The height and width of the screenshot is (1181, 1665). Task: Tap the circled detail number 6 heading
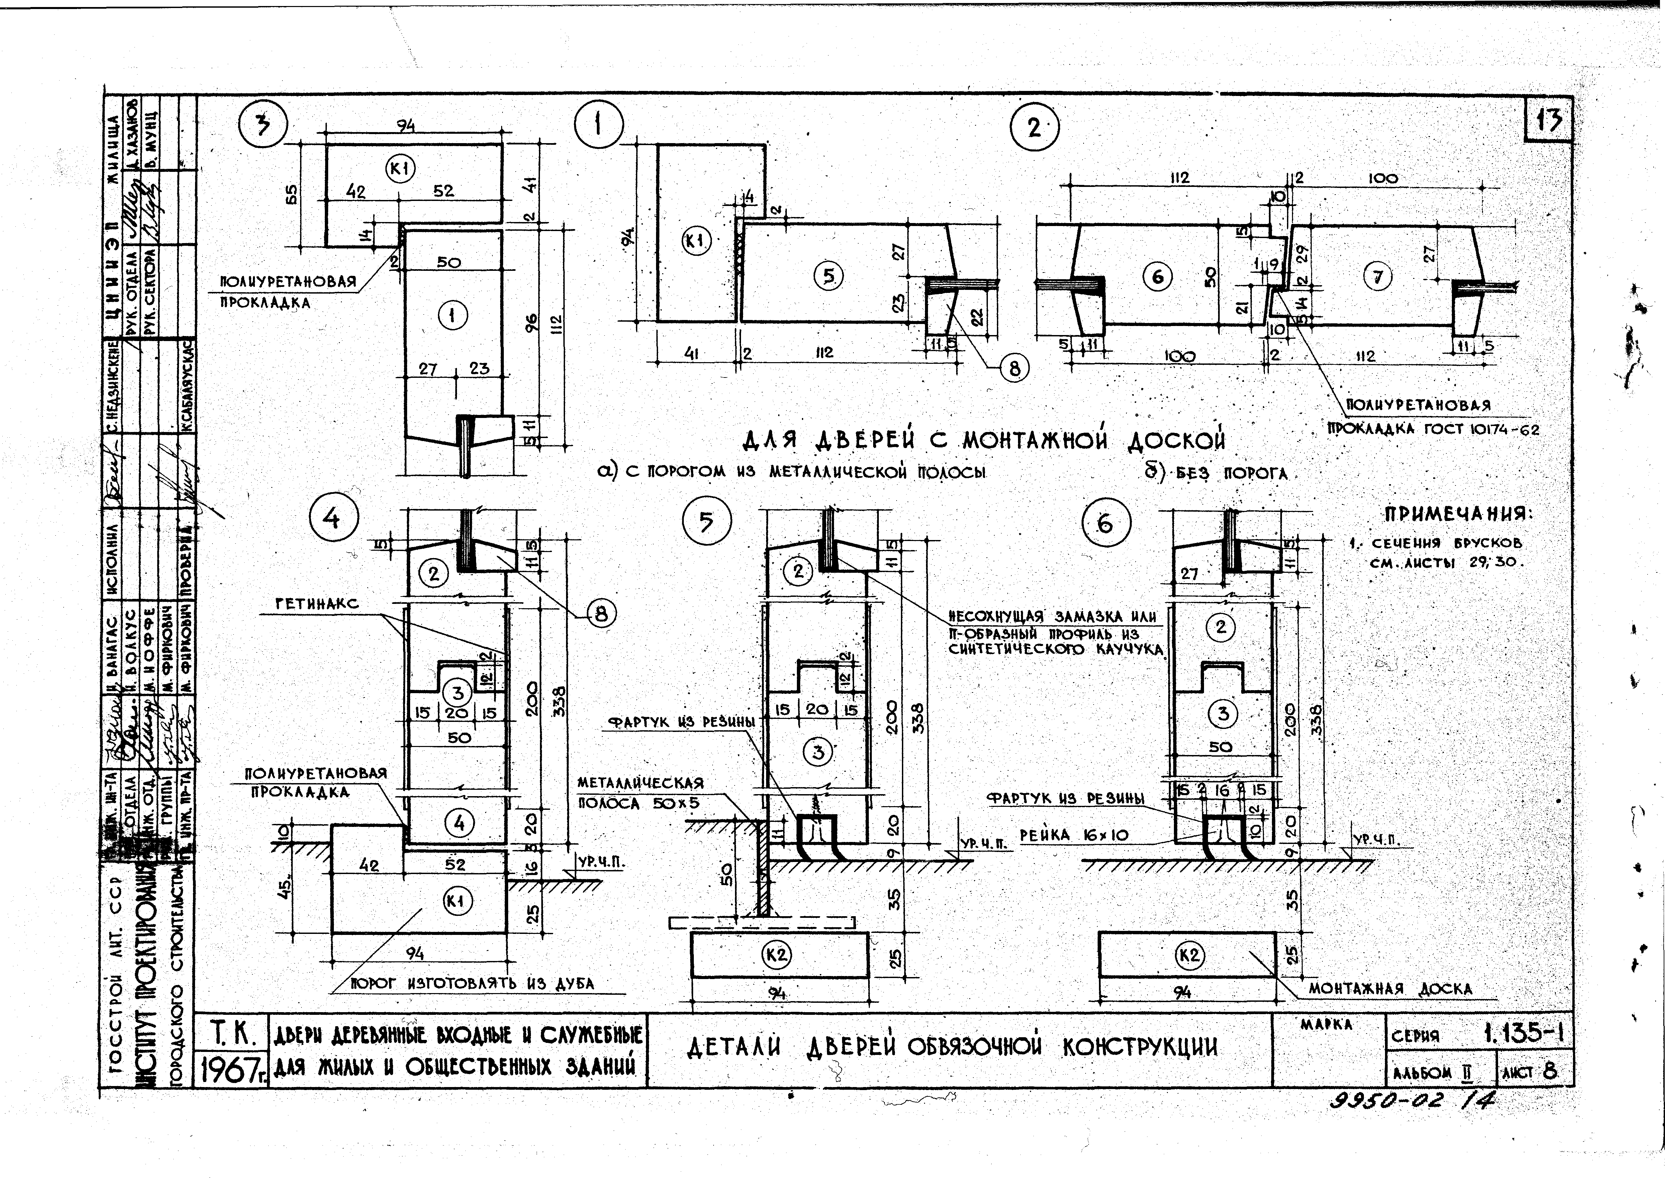point(1105,524)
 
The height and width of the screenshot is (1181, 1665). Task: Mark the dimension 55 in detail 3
point(290,195)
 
